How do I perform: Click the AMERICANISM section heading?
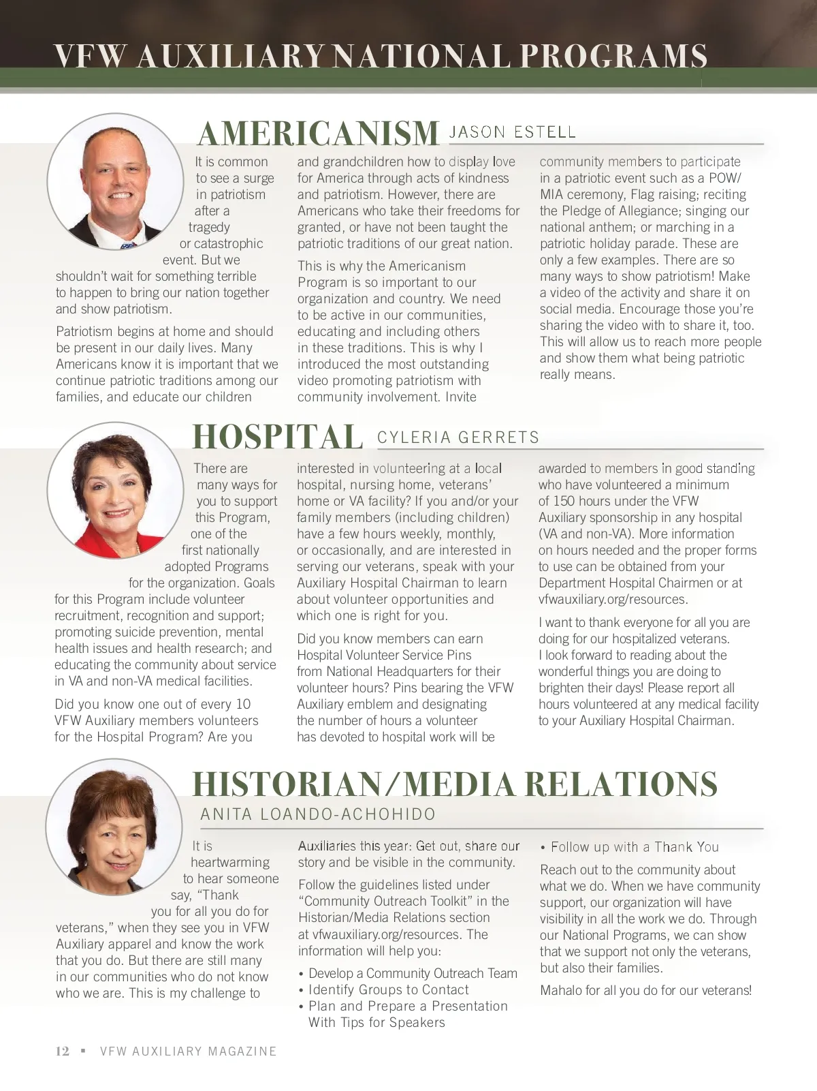tap(318, 133)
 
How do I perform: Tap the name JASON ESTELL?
tap(513, 132)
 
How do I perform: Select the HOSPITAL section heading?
tap(277, 437)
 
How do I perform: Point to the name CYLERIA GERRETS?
tap(458, 437)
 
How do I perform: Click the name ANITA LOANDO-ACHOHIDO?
tap(318, 814)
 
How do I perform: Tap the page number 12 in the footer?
tap(62, 1051)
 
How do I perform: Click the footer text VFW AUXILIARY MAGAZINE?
tap(189, 1051)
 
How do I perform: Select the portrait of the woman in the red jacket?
tap(115, 490)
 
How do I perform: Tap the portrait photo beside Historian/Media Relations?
tap(114, 827)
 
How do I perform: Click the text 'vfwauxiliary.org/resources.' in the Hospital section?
tap(613, 599)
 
